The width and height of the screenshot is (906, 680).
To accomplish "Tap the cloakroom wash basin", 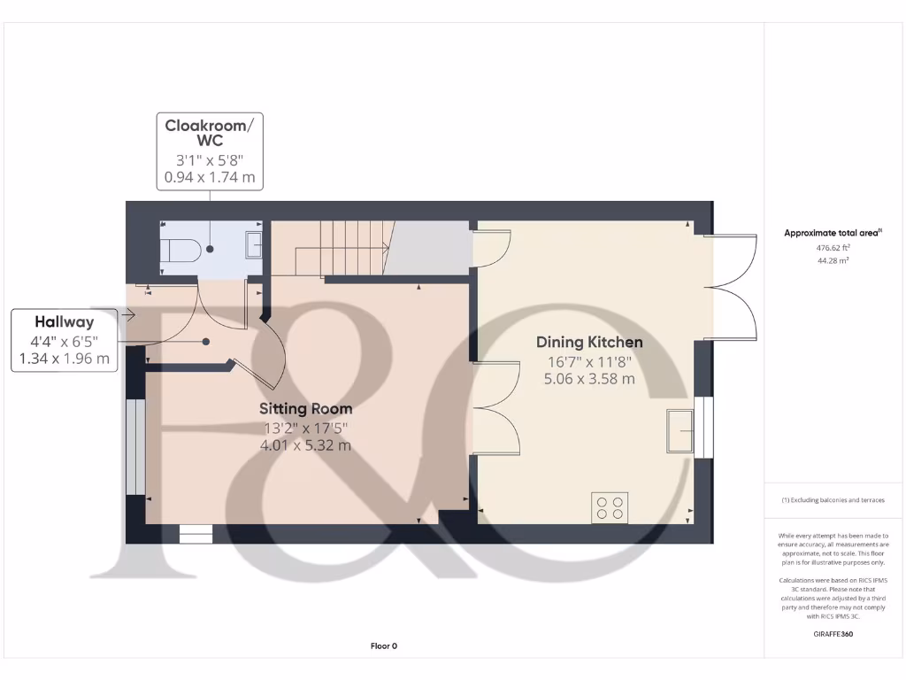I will [253, 244].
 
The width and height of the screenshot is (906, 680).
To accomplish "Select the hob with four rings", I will [610, 507].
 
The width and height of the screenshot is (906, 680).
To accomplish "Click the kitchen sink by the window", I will [680, 430].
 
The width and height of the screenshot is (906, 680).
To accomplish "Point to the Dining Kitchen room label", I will [589, 342].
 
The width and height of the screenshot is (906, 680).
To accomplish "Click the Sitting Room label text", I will [305, 408].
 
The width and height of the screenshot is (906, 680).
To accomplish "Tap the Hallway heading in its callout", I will [64, 322].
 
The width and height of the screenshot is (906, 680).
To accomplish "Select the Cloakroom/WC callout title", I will [210, 133].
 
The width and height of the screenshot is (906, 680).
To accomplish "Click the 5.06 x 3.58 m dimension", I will [589, 378].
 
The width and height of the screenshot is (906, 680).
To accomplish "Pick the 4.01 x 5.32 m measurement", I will [305, 445].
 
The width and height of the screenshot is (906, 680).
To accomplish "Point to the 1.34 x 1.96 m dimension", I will [64, 359].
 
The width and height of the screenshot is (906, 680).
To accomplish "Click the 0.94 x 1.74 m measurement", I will [210, 178].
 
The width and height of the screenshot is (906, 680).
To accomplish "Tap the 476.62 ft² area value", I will [833, 249].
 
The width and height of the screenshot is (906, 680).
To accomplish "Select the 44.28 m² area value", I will [833, 261].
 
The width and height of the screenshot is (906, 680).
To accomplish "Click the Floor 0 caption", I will [383, 646].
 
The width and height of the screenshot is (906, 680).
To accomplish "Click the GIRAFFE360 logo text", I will [833, 634].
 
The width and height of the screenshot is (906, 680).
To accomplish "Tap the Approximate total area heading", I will [833, 233].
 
